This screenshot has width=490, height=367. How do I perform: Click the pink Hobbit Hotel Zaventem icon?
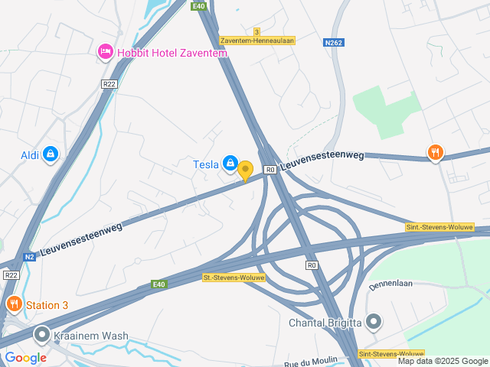pos(106,52)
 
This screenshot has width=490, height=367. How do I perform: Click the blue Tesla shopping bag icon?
pos(230,162)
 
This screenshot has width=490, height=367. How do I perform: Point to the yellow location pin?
pos(245,170)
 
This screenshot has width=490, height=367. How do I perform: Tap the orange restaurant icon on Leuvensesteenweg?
pos(436,153)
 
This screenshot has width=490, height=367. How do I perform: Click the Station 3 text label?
pos(47,305)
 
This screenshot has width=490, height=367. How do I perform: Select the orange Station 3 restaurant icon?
pos(14,305)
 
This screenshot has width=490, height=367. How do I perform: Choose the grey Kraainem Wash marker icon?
pos(41,335)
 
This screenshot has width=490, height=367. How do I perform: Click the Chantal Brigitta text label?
pos(325,323)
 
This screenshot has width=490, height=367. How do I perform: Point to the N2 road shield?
pos(29,257)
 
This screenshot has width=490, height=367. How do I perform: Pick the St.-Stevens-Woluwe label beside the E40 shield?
pos(234,278)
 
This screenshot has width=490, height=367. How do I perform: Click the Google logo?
pos(26,357)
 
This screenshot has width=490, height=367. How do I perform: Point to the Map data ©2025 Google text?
pos(443,361)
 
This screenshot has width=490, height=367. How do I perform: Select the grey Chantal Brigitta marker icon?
pos(373,322)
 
